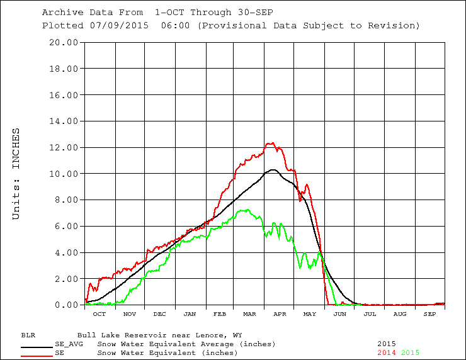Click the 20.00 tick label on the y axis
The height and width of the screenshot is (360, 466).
64,43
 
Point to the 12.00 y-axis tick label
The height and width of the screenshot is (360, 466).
64,148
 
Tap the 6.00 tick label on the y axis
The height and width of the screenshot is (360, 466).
66,227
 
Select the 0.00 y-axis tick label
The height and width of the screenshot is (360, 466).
66,305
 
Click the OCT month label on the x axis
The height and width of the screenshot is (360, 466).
99,314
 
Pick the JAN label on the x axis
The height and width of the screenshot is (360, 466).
190,314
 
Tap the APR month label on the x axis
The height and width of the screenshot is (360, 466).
280,314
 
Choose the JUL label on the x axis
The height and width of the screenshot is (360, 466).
370,314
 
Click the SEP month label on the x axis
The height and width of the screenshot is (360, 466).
429,314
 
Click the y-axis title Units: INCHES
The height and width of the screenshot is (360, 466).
16,174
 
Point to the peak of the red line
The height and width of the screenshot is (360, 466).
271,143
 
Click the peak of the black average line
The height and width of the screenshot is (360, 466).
273,169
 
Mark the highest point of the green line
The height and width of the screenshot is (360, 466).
246,210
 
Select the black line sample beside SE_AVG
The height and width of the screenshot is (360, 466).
37,347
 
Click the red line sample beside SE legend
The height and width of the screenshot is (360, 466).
37,356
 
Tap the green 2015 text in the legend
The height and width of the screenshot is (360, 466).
410,352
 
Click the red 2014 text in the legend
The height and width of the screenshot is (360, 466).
387,352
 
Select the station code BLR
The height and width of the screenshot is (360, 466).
28,335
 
